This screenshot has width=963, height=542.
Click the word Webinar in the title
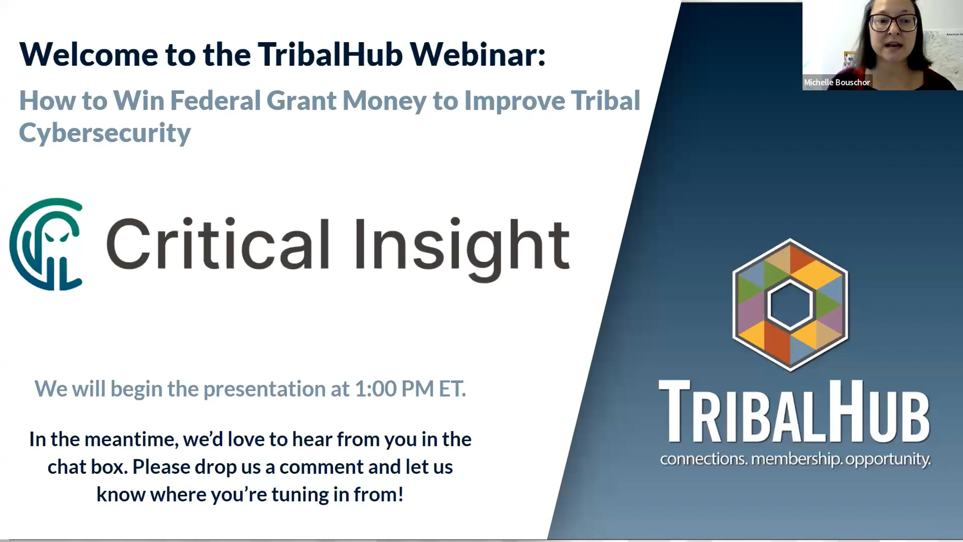coord(477,54)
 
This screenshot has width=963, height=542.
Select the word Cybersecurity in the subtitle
coord(105,133)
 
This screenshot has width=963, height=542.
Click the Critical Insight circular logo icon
coord(46,244)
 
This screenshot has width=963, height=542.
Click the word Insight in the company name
coord(462,249)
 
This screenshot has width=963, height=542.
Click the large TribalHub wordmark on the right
coord(794,412)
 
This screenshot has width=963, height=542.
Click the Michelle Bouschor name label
coord(837,82)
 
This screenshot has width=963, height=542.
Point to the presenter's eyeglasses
coord(892,22)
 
